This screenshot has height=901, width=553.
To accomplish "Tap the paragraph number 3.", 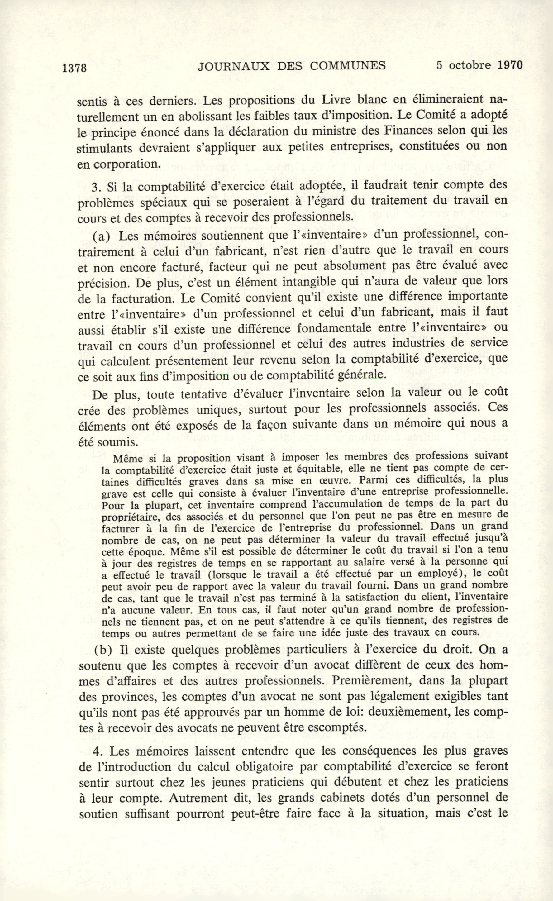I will (x=96, y=187).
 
